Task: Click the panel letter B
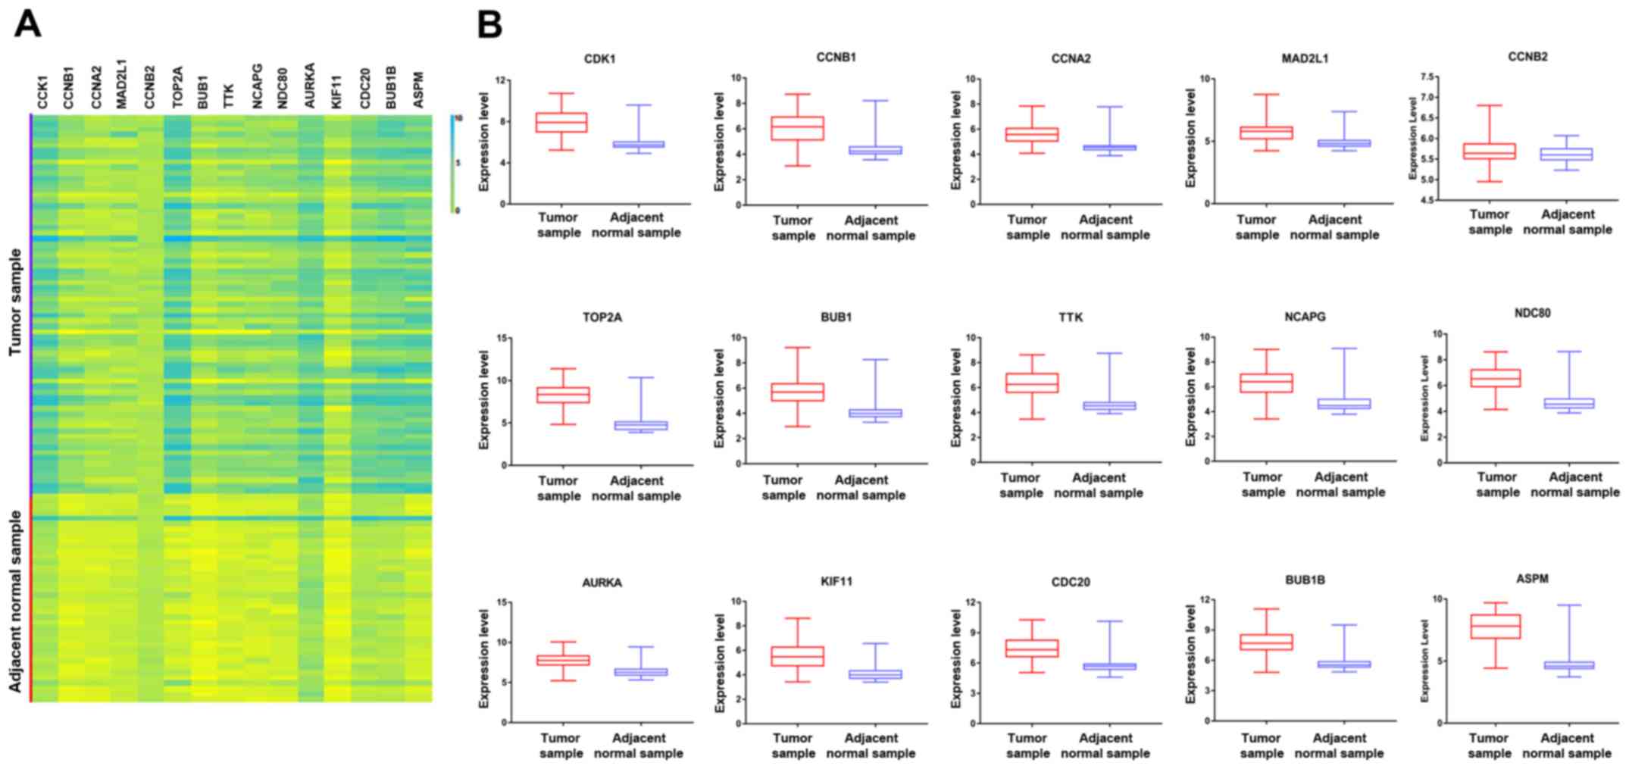[489, 25]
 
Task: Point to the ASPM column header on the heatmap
[417, 89]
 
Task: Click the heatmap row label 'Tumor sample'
[15, 302]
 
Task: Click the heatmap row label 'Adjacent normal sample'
[15, 601]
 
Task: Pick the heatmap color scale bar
[452, 164]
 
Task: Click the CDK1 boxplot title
[599, 58]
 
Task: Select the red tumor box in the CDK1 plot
[561, 122]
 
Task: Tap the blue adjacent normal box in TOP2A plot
[640, 425]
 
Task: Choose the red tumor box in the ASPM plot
[1494, 626]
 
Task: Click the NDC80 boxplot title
[1532, 313]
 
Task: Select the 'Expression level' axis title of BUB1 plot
[720, 399]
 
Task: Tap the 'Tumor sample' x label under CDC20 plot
[1027, 746]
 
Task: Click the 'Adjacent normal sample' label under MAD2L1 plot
[1334, 227]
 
